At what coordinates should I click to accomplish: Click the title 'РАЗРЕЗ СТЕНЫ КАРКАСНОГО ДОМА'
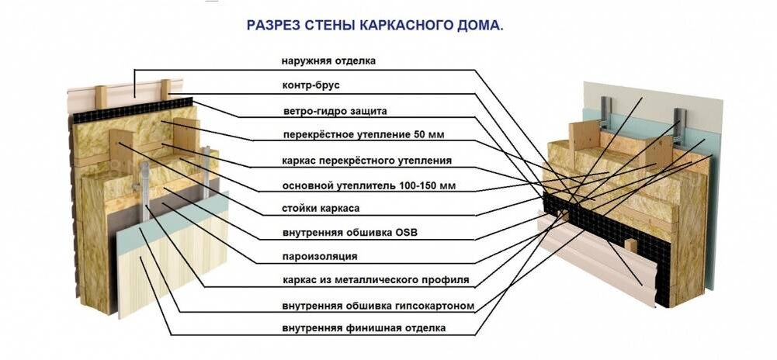pyautogui.click(x=375, y=25)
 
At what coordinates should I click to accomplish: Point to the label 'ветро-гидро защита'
pyautogui.click(x=334, y=110)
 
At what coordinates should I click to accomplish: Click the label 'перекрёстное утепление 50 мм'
pyautogui.click(x=363, y=135)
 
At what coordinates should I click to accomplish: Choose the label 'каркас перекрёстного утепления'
pyautogui.click(x=366, y=161)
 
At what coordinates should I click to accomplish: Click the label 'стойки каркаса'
pyautogui.click(x=321, y=208)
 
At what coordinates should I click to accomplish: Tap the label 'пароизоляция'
pyautogui.click(x=320, y=256)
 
